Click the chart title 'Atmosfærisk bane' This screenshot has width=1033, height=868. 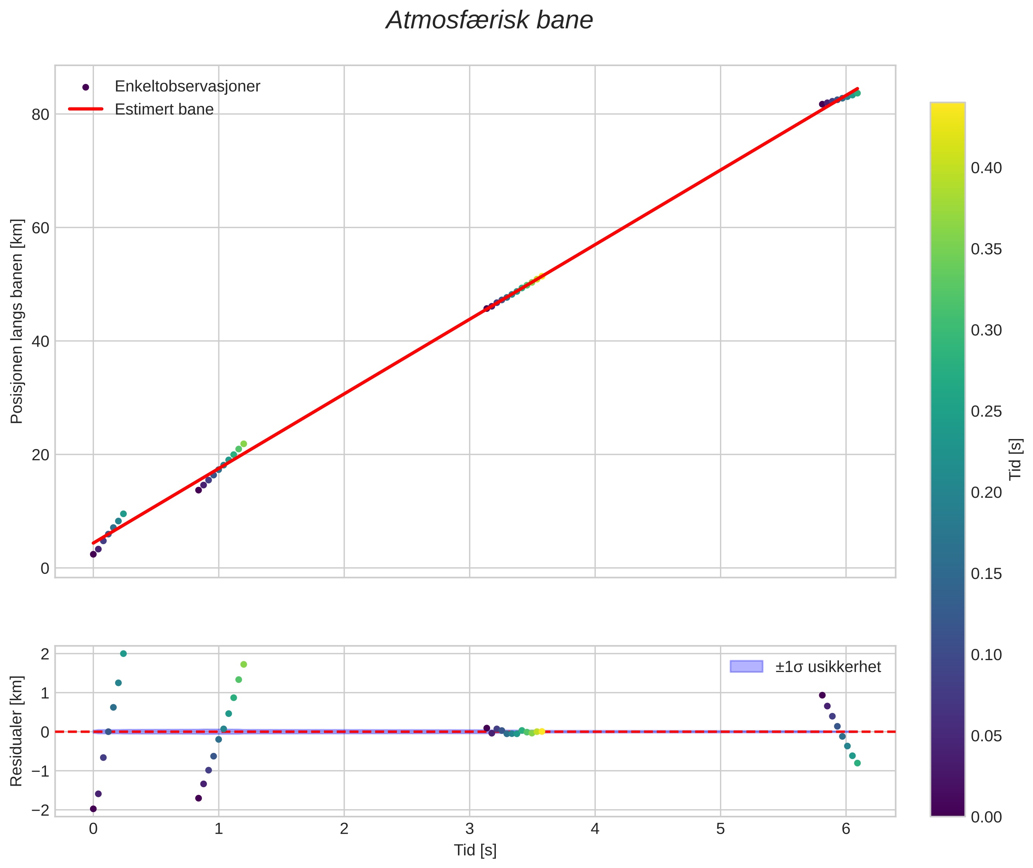(489, 20)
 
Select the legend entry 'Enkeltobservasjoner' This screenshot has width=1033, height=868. (187, 86)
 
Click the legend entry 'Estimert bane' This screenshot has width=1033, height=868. (164, 109)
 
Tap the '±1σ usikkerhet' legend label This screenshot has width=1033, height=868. (828, 667)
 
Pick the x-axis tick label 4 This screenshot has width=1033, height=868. (595, 829)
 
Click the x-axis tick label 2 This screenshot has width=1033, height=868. (344, 829)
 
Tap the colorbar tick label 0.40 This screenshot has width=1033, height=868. (986, 168)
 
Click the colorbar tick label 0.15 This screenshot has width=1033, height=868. (986, 574)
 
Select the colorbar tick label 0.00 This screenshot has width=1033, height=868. (986, 817)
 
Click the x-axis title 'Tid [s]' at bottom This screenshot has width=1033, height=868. (475, 850)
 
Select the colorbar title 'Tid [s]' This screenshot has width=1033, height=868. (1015, 459)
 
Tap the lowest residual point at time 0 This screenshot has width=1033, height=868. (93, 809)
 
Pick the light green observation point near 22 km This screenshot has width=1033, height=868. (243, 444)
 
